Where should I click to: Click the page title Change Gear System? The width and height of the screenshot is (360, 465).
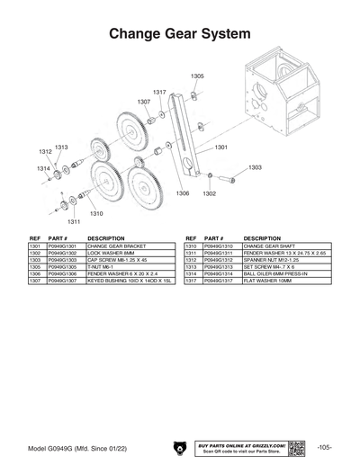180,34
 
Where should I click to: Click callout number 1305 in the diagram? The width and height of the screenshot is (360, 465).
197,77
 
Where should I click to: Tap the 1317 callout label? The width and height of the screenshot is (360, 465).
159,93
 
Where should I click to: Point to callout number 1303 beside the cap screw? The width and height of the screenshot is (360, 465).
255,167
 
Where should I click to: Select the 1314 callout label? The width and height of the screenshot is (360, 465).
43,169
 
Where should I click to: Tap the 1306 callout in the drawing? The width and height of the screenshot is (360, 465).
182,193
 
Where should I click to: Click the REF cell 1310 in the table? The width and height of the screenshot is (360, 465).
191,246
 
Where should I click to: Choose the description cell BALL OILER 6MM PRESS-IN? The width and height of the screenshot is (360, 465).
275,274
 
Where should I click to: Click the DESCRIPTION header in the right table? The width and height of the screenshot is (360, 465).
262,238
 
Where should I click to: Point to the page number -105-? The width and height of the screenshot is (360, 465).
326,447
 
